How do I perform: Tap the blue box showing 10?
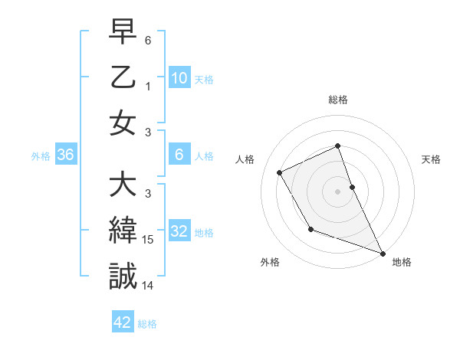point(179,78)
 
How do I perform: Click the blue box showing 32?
point(179,231)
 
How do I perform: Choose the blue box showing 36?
point(65,155)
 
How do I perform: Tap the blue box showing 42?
point(123,322)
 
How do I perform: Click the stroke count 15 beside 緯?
point(148,240)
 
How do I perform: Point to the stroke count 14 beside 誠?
point(148,285)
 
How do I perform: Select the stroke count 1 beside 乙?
point(149,87)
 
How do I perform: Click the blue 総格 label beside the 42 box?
point(147,324)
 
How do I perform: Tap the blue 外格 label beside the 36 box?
point(41,156)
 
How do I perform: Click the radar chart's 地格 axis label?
point(402,262)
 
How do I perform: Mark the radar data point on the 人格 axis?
point(280,172)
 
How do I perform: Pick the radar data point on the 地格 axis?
point(383,253)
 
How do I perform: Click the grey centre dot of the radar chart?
point(337,191)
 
